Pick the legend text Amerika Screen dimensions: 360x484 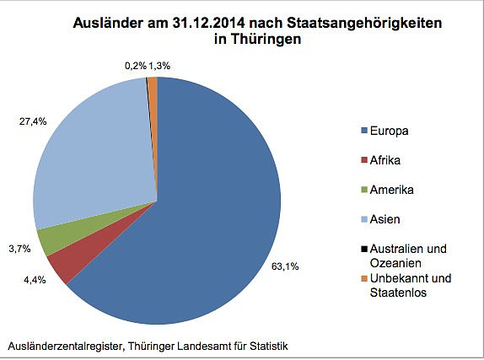(x=391, y=190)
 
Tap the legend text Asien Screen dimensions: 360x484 (x=385, y=219)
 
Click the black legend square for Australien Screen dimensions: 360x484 (x=363, y=249)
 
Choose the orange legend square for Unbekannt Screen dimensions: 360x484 (x=363, y=278)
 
